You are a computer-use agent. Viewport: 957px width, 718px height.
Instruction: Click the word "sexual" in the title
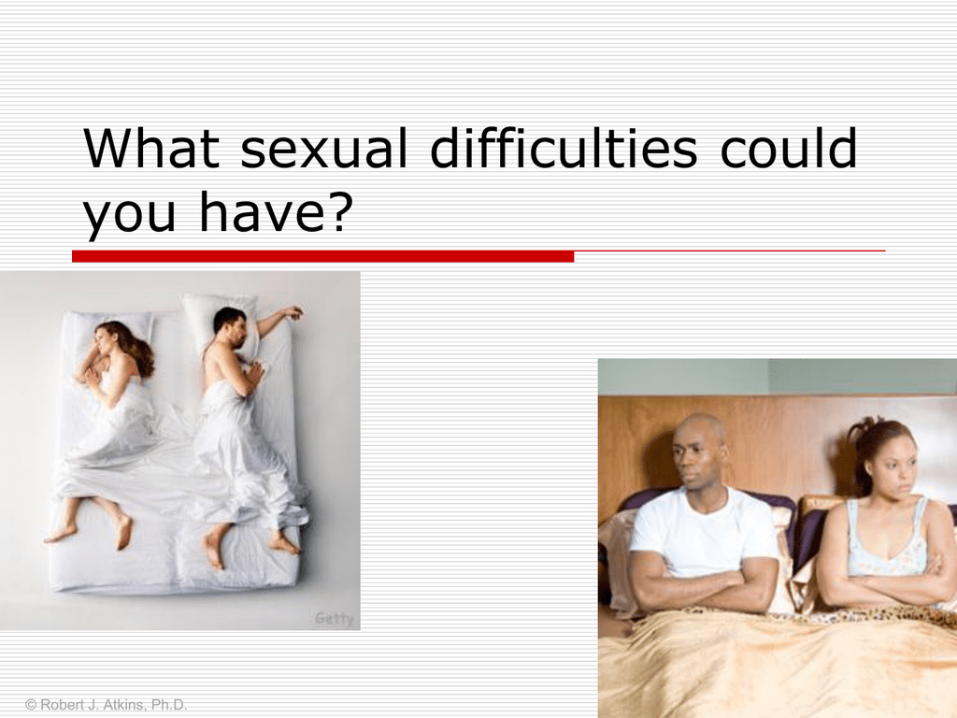point(323,149)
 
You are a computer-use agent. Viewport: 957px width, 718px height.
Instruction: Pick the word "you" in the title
point(129,218)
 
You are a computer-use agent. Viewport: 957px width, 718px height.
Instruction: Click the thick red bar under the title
point(322,256)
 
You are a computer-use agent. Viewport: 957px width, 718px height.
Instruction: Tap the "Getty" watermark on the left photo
point(334,619)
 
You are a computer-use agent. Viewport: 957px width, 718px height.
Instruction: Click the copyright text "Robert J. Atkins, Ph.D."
point(113,705)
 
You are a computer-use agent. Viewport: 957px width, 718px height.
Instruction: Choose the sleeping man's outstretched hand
point(292,312)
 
